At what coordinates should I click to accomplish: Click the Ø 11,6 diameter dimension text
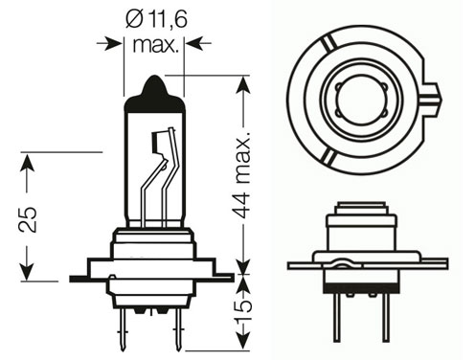[156, 19]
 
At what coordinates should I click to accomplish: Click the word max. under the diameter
[154, 45]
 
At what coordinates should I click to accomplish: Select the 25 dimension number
[28, 219]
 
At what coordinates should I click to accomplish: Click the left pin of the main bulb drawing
[123, 329]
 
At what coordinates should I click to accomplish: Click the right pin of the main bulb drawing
[177, 329]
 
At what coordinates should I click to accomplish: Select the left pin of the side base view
[337, 317]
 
